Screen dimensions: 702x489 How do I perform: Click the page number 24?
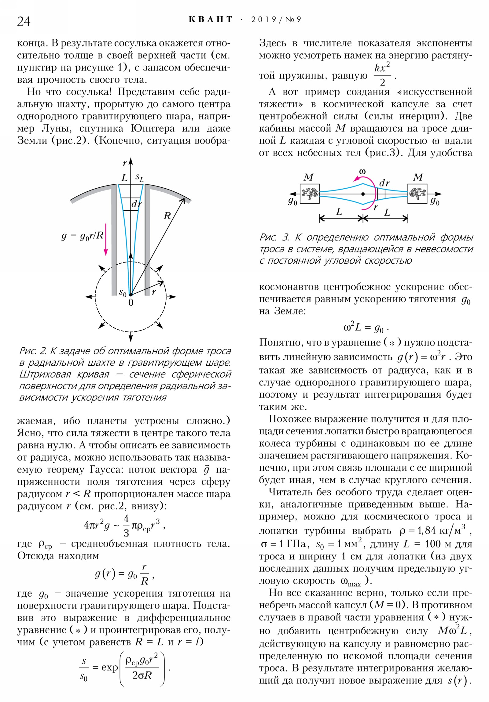click(24, 21)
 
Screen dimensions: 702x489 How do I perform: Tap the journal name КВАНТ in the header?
click(211, 20)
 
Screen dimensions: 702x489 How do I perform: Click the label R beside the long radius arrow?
click(167, 216)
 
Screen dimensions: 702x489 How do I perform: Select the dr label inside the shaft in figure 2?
click(136, 204)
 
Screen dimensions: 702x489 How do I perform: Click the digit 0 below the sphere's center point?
click(131, 303)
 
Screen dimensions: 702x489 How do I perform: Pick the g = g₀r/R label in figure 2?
click(83, 235)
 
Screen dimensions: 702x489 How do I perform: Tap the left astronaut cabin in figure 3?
click(310, 194)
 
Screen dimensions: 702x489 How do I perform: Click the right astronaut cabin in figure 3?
click(417, 194)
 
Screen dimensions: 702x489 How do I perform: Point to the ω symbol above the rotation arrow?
click(362, 171)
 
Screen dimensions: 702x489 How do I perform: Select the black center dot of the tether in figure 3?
click(363, 194)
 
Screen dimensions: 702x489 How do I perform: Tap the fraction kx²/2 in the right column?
click(382, 75)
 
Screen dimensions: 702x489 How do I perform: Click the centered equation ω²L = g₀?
click(366, 328)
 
